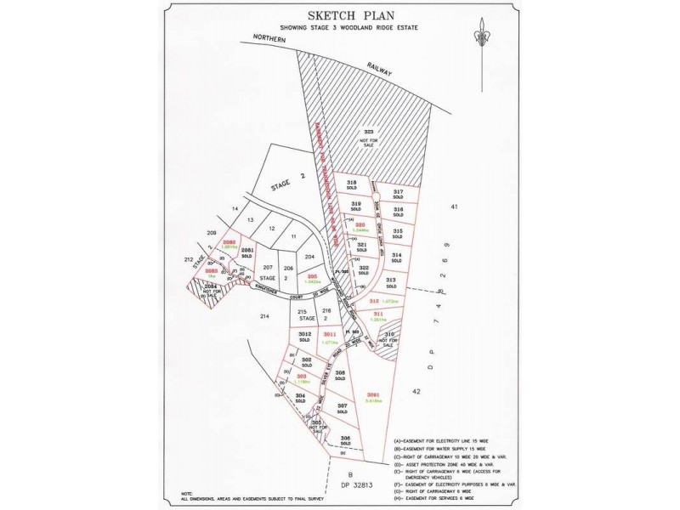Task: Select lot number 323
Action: point(369,133)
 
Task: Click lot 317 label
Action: point(397,193)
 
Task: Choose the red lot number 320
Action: point(360,225)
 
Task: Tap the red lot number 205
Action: point(312,277)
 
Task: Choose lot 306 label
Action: point(345,439)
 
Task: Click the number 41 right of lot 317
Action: point(454,207)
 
